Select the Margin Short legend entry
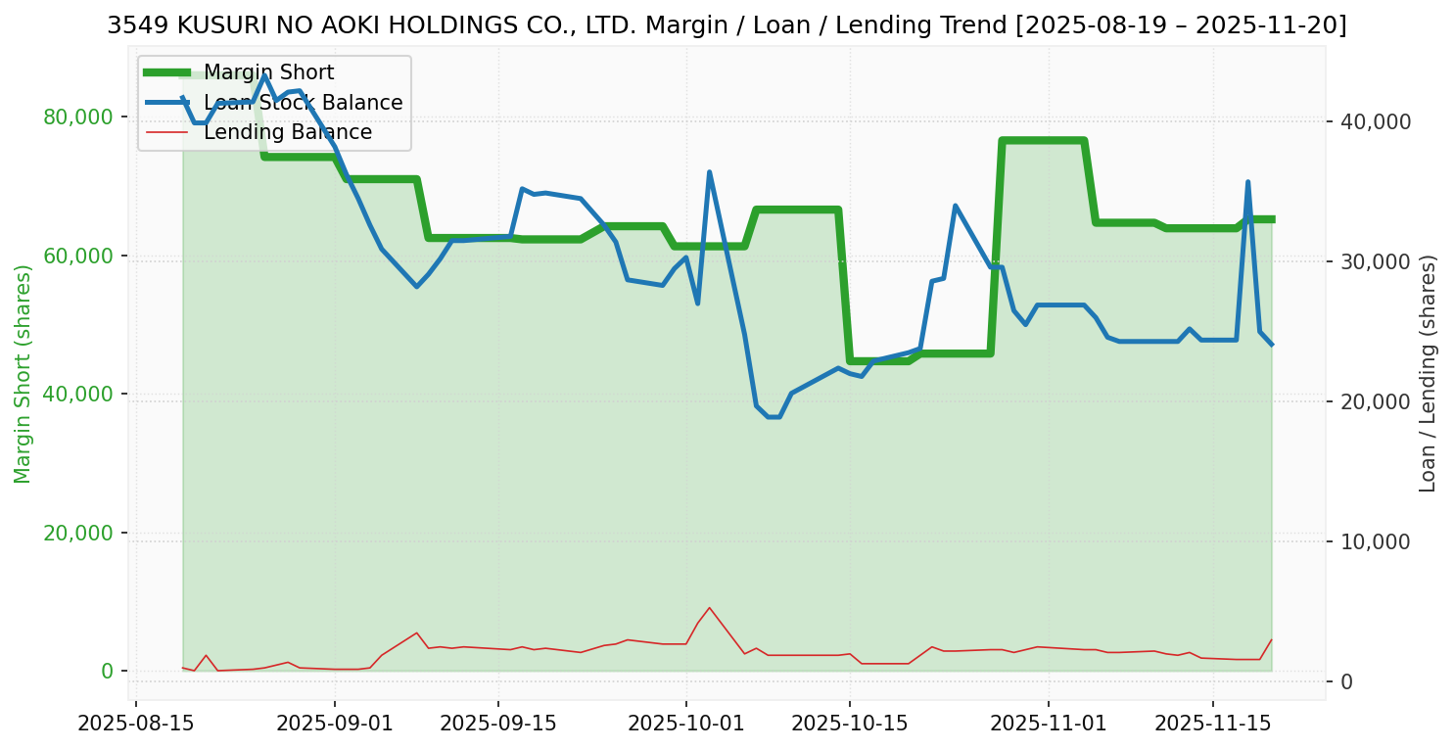click(268, 72)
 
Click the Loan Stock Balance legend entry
click(303, 103)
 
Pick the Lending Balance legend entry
click(287, 132)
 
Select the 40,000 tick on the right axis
click(1376, 121)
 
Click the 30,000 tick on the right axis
click(1376, 261)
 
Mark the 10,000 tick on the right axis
click(1376, 541)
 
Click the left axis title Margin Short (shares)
click(23, 374)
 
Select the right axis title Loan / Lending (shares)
click(1428, 374)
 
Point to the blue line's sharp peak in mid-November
click(1247, 182)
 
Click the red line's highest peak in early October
click(709, 608)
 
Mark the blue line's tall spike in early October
click(709, 172)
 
